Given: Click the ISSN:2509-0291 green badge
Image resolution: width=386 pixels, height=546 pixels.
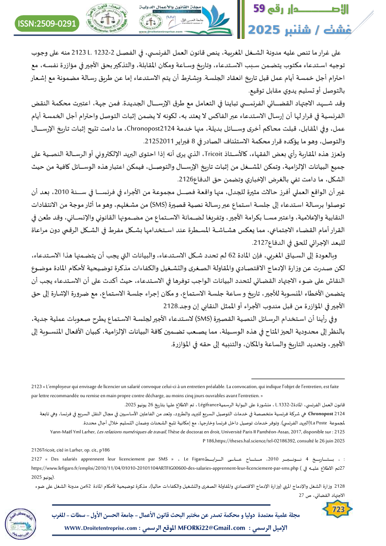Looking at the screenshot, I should pyautogui.click(x=48, y=23).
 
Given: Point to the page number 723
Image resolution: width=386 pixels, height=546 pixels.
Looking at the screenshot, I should pyautogui.click(x=336, y=509).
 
